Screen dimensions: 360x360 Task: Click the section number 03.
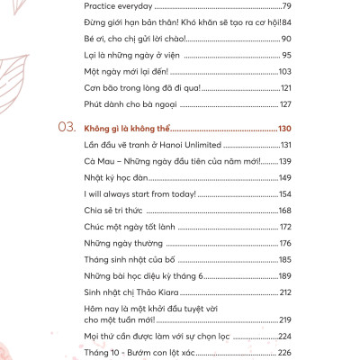(x=65, y=129)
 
